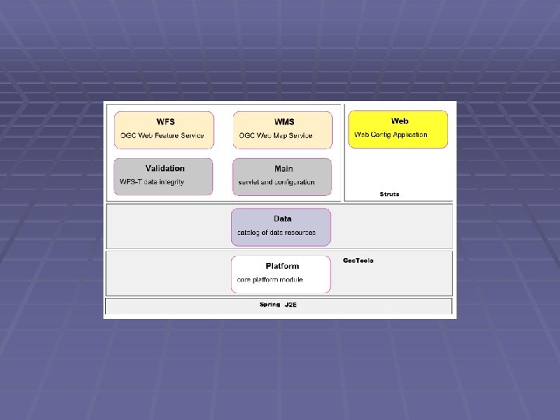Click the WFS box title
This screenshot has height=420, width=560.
tap(166, 122)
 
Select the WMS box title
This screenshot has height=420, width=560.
tap(285, 122)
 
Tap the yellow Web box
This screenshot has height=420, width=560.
tap(398, 129)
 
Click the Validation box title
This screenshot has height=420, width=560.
tap(165, 169)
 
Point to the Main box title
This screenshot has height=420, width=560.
tap(284, 169)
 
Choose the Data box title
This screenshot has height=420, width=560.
tap(282, 219)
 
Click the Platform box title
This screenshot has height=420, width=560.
tap(282, 266)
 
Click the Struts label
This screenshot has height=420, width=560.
tap(390, 194)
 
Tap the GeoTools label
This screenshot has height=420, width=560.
tap(359, 261)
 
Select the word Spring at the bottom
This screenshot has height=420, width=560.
tap(270, 305)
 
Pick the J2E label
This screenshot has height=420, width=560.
tap(291, 305)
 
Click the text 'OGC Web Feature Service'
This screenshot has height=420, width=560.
tap(162, 135)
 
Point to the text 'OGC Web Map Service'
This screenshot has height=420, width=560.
tap(276, 135)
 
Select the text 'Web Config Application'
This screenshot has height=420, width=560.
tap(391, 135)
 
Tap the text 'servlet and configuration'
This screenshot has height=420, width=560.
tap(277, 182)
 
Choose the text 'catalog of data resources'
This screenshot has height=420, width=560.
tap(277, 233)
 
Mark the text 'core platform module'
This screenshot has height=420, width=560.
tap(270, 279)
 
